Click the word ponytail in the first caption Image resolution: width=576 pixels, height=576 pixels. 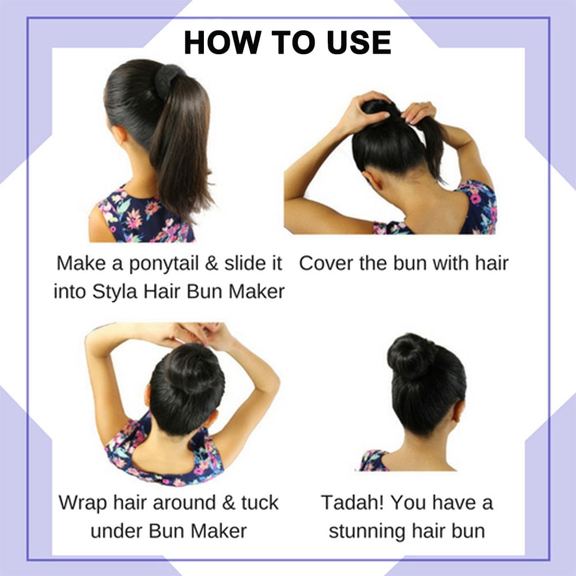tap(164, 264)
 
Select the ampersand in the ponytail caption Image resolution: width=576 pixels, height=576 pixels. tap(211, 263)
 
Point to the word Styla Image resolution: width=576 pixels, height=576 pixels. tap(115, 292)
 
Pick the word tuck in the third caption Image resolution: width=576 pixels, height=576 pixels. tap(260, 502)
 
